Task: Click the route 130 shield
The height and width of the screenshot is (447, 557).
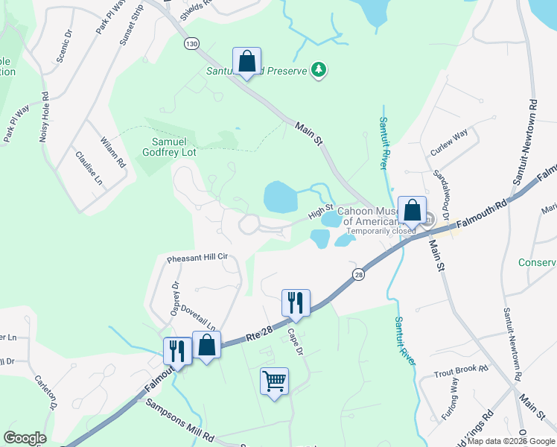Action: tap(192, 45)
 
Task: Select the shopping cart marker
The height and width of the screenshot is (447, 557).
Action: tap(274, 381)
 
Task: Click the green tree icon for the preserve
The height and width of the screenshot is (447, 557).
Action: tap(319, 69)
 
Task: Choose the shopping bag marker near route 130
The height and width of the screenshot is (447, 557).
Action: tap(246, 61)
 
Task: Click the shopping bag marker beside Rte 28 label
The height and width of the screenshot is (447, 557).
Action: tap(206, 346)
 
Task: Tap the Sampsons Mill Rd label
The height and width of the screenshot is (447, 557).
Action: tap(179, 419)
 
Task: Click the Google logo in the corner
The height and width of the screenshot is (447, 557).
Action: tap(25, 438)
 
